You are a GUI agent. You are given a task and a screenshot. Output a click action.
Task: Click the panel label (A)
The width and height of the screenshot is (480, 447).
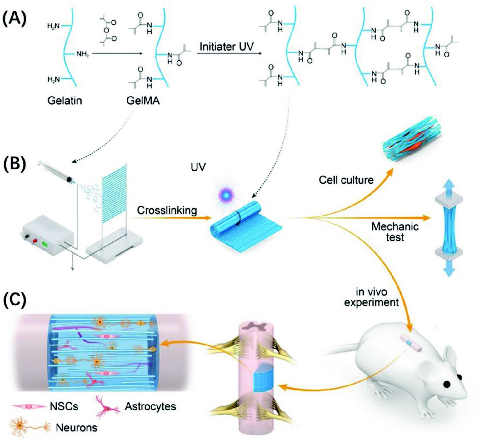coord(14,20)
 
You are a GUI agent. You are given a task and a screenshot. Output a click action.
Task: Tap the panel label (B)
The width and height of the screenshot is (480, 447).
coord(14,165)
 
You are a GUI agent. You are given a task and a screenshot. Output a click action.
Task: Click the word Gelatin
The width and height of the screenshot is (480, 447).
coord(65,101)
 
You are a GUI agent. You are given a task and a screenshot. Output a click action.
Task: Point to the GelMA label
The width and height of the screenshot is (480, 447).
coord(143,101)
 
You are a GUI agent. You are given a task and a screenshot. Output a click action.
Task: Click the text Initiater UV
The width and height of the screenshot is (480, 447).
coord(227,47)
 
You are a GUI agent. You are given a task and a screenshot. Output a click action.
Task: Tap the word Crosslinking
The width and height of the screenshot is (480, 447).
coord(167,211)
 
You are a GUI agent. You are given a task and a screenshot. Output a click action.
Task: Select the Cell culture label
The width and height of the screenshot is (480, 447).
coord(346,180)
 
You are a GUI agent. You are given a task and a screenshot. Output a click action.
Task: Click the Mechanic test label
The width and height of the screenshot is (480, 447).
coord(395,231)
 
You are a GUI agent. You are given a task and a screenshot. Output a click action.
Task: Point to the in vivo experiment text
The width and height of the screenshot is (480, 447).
coord(372,297)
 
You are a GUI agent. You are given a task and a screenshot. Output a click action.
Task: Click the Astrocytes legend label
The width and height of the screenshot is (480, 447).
coord(150,406)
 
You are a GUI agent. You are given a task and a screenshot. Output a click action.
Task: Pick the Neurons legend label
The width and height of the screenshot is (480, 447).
coord(77,427)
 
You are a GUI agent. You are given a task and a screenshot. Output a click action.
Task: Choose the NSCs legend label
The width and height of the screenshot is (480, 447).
coord(64,406)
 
